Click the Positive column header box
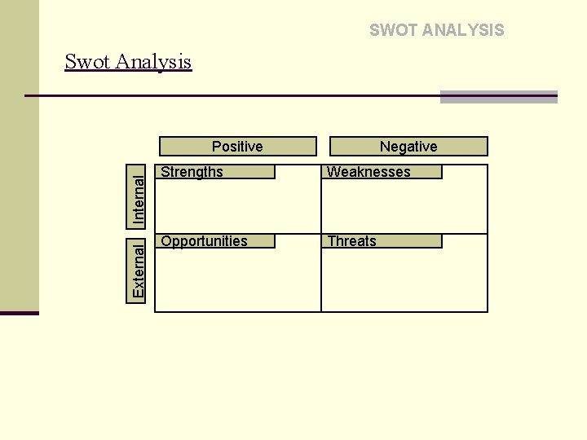click(237, 146)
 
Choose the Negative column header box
click(408, 146)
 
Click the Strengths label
click(192, 172)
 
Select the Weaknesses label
click(369, 172)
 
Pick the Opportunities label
click(204, 241)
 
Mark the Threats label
click(351, 241)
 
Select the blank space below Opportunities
click(237, 280)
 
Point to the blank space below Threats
click(404, 280)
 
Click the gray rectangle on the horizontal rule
click(498, 97)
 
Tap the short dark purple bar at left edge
click(19, 313)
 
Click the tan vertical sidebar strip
click(19, 155)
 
